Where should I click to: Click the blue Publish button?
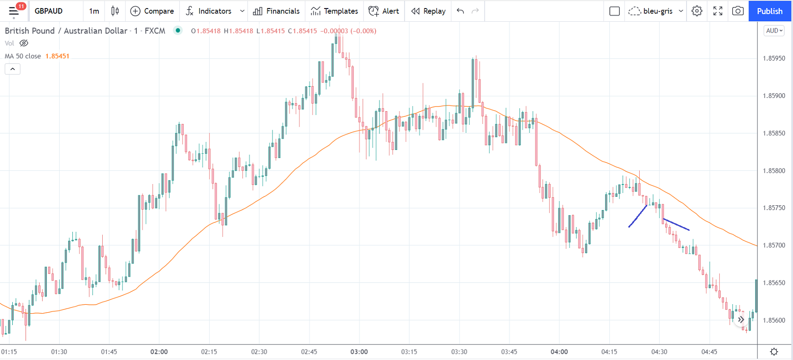click(x=769, y=11)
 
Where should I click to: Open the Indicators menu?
click(x=209, y=11)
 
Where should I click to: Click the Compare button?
click(x=152, y=11)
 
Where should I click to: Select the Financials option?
click(x=276, y=11)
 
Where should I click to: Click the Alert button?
click(x=384, y=11)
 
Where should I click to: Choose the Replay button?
click(x=428, y=11)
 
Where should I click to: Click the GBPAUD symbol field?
click(x=49, y=11)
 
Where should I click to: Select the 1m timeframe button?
click(x=94, y=11)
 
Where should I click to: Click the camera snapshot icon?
click(x=738, y=11)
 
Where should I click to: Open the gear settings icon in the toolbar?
click(x=697, y=11)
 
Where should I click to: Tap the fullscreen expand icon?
click(x=718, y=11)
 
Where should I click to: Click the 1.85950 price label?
click(x=774, y=58)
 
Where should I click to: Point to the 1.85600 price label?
click(x=774, y=320)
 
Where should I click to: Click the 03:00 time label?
click(x=359, y=352)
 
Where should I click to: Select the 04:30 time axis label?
click(x=659, y=352)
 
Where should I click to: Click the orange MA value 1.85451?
click(x=57, y=56)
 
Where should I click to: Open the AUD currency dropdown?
click(x=774, y=31)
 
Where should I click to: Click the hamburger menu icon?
click(x=14, y=11)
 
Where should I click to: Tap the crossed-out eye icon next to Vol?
click(x=24, y=43)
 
